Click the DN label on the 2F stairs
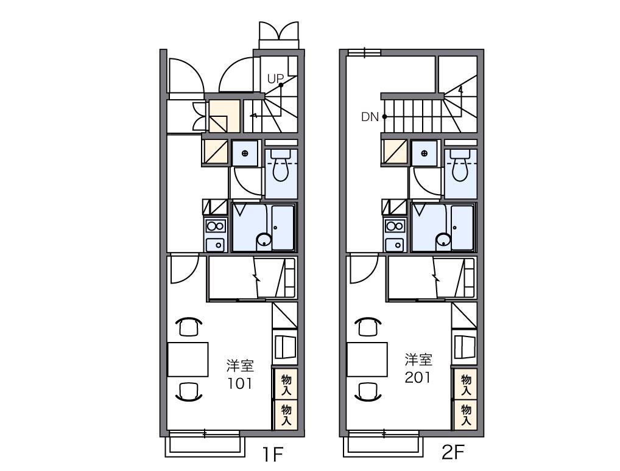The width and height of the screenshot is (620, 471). point(370,117)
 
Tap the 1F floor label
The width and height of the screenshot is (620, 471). point(273,455)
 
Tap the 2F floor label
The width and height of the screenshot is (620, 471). point(453,452)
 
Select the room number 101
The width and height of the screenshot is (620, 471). point(239,383)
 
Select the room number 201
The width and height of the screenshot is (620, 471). point(418,378)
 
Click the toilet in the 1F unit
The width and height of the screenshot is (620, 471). point(280,166)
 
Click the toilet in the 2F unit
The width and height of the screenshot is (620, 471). point(460,166)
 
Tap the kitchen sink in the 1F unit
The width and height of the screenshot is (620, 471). point(216,245)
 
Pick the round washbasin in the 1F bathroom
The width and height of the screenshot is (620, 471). point(264,240)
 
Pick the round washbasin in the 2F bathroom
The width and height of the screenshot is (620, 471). point(443,240)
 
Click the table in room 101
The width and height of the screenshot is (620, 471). point(188,360)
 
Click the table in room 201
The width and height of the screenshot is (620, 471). point(367,360)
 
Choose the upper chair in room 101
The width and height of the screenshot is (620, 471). point(189,326)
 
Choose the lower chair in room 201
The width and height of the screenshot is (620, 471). point(368,392)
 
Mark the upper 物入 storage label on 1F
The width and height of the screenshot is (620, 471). point(286,385)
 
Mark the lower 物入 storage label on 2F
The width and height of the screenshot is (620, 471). point(466,414)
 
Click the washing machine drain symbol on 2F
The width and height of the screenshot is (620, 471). point(424,153)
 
